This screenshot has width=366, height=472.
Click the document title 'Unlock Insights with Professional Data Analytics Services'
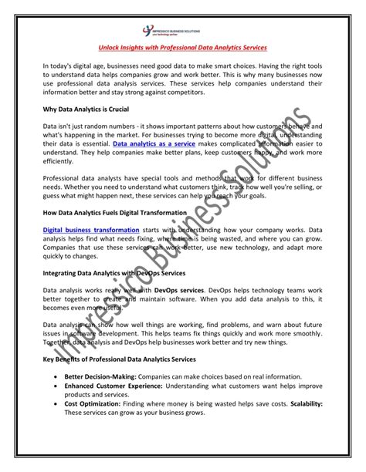tap(184, 48)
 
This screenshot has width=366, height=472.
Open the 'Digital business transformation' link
tap(91, 229)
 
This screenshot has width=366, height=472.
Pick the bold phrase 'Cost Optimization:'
tap(91, 403)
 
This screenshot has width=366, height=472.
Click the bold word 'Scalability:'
tap(303, 403)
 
